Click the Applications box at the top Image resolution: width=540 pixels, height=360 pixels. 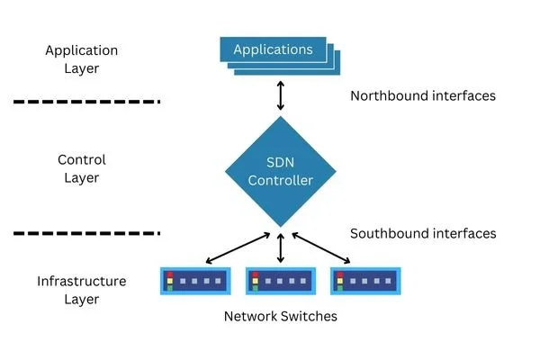pos(273,50)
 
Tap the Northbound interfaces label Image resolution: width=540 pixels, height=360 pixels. pos(422,95)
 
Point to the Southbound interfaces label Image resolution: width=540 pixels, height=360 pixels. pos(422,233)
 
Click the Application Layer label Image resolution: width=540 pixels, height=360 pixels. pos(81,58)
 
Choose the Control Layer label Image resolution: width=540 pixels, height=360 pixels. pos(81,168)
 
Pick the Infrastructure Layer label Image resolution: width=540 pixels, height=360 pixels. pos(81,290)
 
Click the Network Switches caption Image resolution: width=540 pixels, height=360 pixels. pos(280,317)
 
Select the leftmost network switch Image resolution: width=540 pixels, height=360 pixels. pos(194,281)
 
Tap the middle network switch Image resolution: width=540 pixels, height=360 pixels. pos(280,281)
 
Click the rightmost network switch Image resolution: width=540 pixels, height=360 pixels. pos(364,281)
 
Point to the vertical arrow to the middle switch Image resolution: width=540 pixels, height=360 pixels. pos(281,247)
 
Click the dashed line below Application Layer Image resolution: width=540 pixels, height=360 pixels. pos(86,102)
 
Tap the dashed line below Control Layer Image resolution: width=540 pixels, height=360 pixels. pos(86,234)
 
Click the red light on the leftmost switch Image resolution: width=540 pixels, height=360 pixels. pos(167,274)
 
